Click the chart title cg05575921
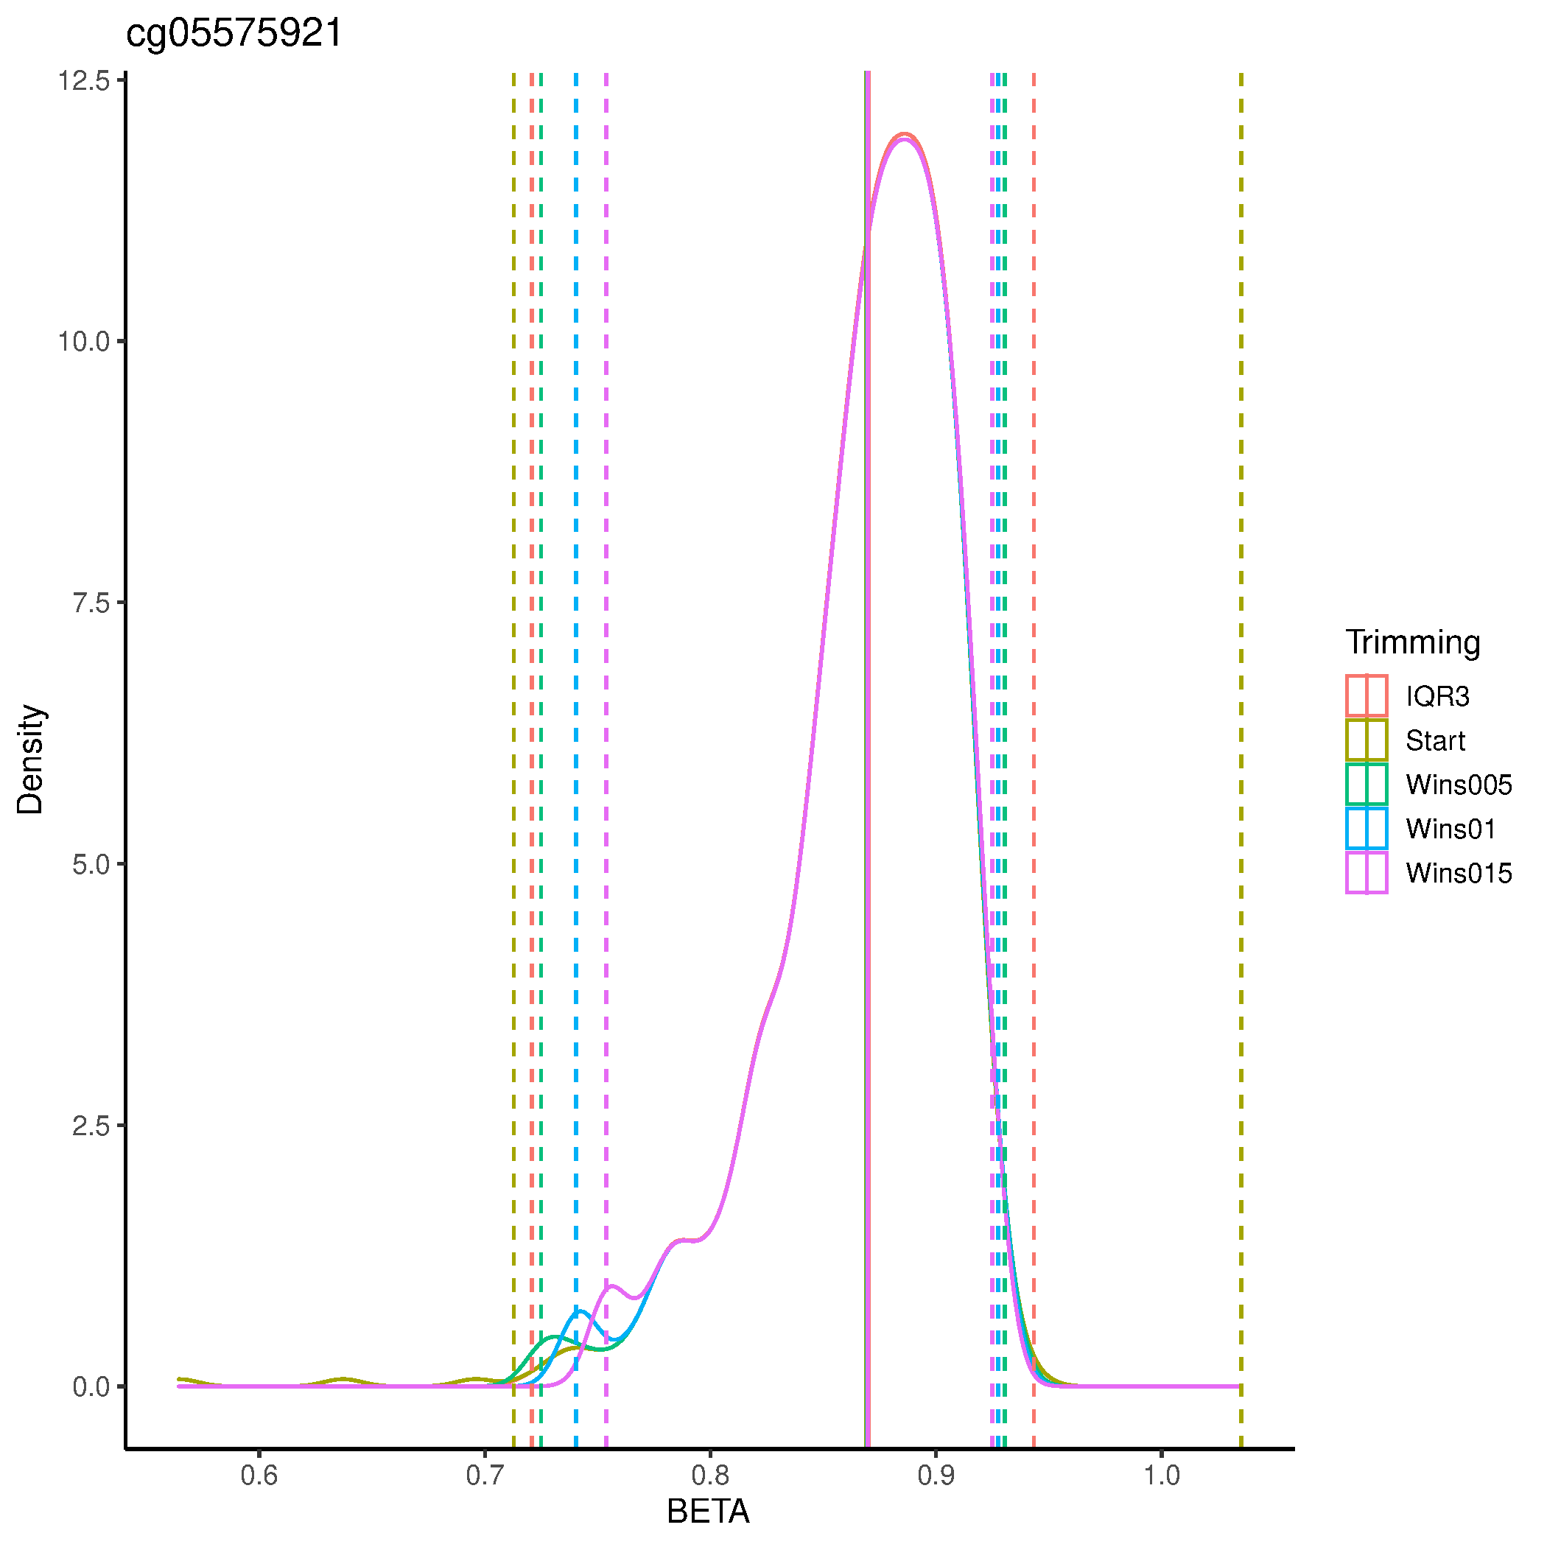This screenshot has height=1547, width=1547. [x=234, y=34]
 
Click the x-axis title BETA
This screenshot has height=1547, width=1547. [x=708, y=1511]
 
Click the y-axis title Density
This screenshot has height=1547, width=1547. [x=30, y=759]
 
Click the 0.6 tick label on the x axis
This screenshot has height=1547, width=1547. [x=259, y=1474]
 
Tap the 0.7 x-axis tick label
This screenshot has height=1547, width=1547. [x=485, y=1474]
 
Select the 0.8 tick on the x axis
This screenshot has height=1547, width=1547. [x=710, y=1474]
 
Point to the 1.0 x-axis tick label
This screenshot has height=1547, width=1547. [x=1161, y=1474]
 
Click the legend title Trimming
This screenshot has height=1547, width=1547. [x=1412, y=642]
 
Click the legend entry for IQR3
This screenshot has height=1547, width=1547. [x=1437, y=696]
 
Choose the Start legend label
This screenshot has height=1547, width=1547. [x=1435, y=740]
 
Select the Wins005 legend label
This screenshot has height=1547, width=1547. [x=1458, y=784]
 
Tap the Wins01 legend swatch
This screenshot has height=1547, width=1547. [x=1366, y=828]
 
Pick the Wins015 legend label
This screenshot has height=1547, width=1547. [x=1458, y=872]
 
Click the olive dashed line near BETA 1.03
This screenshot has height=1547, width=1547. [x=1241, y=720]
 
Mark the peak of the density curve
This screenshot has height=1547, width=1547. [x=904, y=136]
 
